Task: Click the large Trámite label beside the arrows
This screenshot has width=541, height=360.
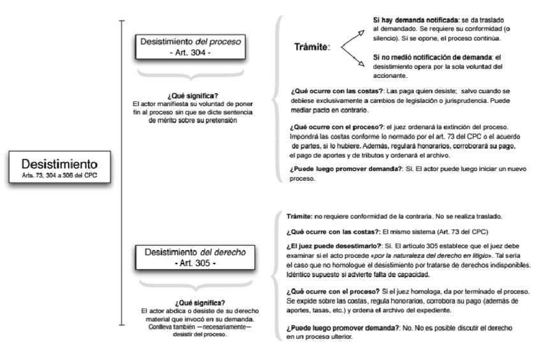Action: [x=313, y=47]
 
